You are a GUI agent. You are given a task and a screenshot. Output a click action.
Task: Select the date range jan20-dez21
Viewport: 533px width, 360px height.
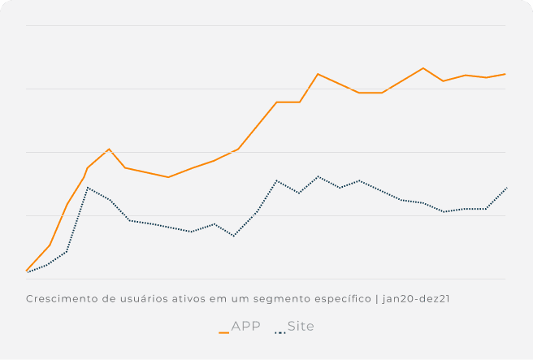coord(416,299)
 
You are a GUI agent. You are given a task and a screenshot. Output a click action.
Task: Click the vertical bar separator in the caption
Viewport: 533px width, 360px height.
coord(377,299)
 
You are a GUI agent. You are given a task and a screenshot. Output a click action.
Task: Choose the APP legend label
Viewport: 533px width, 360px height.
coord(245,327)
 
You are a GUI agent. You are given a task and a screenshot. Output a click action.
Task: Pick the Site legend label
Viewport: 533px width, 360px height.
coord(301,327)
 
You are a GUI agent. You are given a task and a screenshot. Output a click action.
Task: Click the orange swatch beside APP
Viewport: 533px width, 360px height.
coord(223,332)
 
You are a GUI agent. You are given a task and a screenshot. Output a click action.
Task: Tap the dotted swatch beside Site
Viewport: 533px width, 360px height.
coord(280,332)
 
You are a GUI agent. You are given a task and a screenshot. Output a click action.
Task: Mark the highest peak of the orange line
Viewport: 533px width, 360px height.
coord(423,68)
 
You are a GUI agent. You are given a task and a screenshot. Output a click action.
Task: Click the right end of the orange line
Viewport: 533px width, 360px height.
coord(505,74)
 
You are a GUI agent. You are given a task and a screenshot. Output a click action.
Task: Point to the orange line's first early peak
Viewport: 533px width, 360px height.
coord(109,149)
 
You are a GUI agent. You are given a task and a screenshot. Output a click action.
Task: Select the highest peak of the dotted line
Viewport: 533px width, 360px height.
coord(318,176)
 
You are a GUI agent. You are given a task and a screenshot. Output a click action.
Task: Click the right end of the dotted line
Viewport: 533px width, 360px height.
coord(506,188)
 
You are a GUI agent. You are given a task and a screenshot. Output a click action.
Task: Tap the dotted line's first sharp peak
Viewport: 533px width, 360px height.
coord(88,188)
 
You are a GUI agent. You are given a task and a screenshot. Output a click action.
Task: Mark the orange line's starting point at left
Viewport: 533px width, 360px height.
coord(27,271)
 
